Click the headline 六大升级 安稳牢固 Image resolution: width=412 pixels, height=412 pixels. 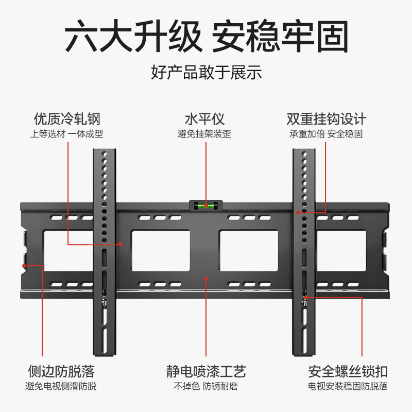click(x=206, y=36)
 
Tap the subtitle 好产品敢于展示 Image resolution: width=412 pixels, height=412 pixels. click(x=206, y=72)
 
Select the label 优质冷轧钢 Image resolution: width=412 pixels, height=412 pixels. click(x=67, y=119)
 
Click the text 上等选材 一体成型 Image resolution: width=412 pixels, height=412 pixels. click(x=67, y=134)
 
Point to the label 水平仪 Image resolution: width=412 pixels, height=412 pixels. click(x=205, y=119)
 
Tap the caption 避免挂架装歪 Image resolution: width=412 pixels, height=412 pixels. click(x=205, y=134)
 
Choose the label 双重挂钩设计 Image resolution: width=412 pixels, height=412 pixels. click(x=327, y=119)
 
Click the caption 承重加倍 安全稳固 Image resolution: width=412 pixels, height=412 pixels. click(x=327, y=134)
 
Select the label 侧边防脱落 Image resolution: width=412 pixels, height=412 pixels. click(x=61, y=371)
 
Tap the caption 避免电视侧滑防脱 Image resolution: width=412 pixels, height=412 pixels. click(x=61, y=386)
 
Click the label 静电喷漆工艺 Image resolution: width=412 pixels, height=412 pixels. click(x=205, y=371)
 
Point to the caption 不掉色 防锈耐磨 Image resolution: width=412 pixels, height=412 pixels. click(x=205, y=386)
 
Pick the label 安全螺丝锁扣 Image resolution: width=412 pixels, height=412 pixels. click(x=348, y=371)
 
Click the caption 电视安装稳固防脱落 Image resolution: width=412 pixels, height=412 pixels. click(x=348, y=386)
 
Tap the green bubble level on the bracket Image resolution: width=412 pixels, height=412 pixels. click(x=205, y=205)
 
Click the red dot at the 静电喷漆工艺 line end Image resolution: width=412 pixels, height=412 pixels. click(x=206, y=279)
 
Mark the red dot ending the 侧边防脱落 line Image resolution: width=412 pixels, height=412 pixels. click(x=24, y=266)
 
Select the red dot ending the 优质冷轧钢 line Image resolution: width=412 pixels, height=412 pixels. click(x=121, y=244)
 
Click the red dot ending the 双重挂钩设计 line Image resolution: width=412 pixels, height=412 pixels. click(x=298, y=212)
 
